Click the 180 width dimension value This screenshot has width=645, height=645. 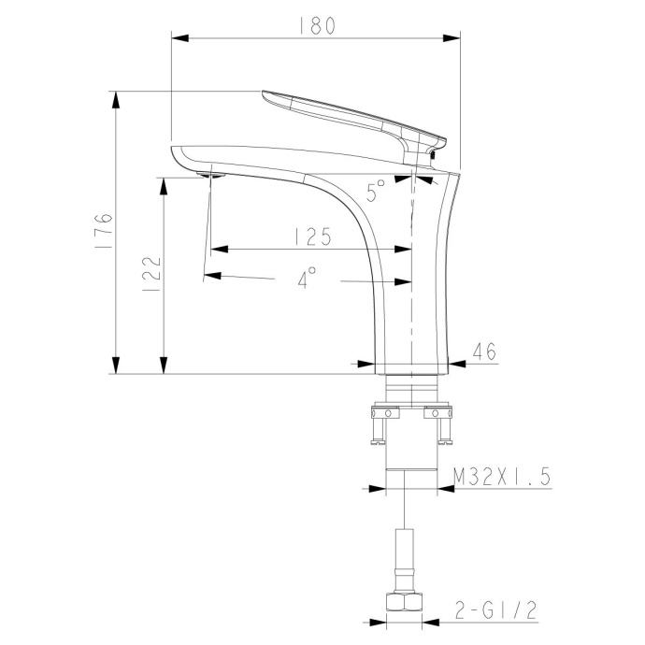click(x=317, y=26)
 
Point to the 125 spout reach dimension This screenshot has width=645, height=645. click(x=310, y=236)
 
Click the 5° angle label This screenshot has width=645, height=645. click(x=376, y=192)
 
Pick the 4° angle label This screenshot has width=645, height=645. click(x=307, y=278)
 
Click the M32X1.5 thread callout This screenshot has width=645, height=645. click(x=501, y=477)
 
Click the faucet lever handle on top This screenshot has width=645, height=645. click(x=355, y=117)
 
